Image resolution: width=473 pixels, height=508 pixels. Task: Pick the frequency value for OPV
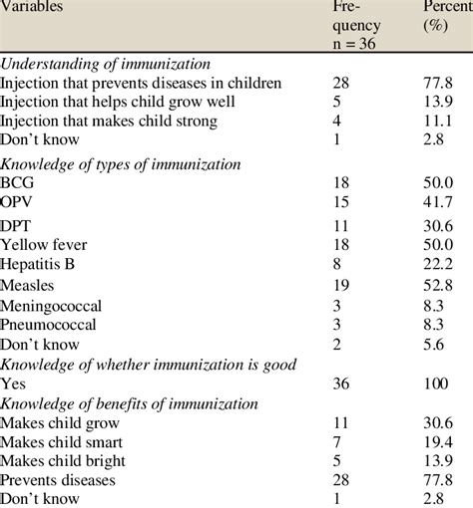[342, 203]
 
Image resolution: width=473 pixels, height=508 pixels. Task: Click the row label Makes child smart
[65, 440]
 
